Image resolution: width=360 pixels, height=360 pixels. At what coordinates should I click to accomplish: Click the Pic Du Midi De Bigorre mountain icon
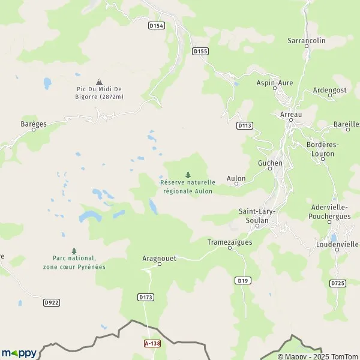click(99, 82)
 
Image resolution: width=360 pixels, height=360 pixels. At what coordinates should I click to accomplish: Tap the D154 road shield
click(156, 25)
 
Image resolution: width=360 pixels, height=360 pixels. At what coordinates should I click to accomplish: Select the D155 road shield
click(200, 52)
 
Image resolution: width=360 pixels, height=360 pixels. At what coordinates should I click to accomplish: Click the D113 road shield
click(244, 125)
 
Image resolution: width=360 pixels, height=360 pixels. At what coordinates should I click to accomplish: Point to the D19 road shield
click(242, 280)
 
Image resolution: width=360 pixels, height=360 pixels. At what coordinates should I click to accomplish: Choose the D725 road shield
click(338, 283)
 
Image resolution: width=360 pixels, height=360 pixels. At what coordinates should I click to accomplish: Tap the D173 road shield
click(146, 297)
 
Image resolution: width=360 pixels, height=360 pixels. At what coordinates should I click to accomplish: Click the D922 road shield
click(52, 303)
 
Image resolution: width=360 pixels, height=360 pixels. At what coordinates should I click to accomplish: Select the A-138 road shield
click(152, 343)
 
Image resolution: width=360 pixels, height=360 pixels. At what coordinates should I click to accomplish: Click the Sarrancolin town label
click(306, 41)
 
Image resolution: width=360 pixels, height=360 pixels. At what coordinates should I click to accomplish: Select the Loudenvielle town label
click(337, 245)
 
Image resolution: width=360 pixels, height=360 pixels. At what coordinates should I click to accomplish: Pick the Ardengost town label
click(330, 90)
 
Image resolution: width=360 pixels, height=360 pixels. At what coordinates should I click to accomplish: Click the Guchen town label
click(269, 163)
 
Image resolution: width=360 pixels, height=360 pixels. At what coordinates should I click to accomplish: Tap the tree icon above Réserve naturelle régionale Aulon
click(188, 175)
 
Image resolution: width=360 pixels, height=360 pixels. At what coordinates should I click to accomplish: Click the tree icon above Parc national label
click(74, 251)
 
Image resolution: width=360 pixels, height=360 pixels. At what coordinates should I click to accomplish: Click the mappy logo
click(19, 353)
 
